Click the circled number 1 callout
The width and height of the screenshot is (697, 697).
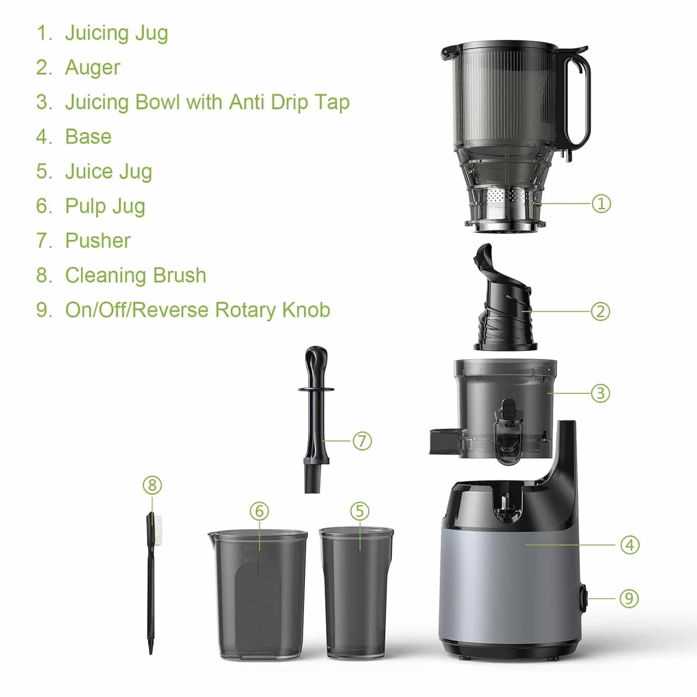(601, 203)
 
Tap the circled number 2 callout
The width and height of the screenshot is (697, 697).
(601, 311)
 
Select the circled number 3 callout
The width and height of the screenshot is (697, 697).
(601, 393)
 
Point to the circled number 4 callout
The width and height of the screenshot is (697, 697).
(630, 544)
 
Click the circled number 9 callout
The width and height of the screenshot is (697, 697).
(629, 598)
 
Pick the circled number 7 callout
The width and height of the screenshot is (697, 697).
(362, 441)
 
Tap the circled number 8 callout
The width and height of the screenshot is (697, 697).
(153, 485)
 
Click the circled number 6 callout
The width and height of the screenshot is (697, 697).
(260, 511)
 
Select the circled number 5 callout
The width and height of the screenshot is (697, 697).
(360, 511)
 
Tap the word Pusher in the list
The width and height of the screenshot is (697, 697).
(98, 240)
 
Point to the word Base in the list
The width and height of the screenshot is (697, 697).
(88, 137)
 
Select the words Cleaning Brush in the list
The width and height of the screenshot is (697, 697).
(136, 275)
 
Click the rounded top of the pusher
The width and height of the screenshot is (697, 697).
(317, 359)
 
